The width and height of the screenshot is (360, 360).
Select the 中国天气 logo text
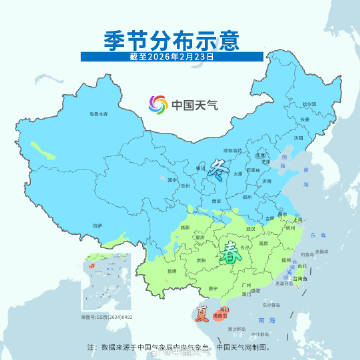(191, 104)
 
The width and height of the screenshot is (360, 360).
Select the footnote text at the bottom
(179, 345)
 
